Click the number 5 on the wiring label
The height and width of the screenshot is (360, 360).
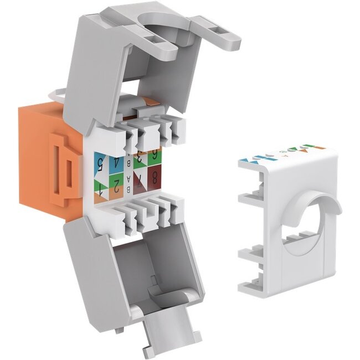(100, 164)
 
